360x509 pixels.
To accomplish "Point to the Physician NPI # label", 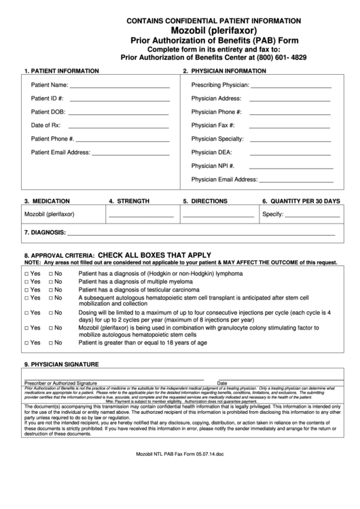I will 213,166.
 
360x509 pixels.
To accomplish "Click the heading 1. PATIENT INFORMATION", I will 62,71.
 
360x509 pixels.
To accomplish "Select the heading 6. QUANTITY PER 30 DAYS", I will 300,201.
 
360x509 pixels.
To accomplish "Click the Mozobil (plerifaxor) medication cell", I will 50,215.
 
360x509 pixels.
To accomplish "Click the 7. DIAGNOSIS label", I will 44,233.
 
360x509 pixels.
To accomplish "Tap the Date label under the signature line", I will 222,383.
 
